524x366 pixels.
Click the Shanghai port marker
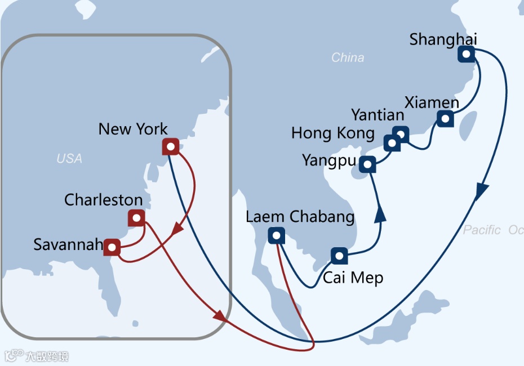[x=466, y=54]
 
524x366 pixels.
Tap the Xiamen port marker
[x=445, y=119]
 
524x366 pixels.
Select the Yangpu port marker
[x=367, y=165]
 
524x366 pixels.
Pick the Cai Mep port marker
[x=339, y=256]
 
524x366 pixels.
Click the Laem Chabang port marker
[x=276, y=235]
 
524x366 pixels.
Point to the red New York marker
[x=170, y=147]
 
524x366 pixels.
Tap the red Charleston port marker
[x=136, y=218]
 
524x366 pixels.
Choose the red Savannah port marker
[x=112, y=247]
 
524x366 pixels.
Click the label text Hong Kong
[x=332, y=133]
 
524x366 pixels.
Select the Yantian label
[x=378, y=115]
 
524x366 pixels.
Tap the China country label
[x=348, y=57]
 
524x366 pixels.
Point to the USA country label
[x=69, y=159]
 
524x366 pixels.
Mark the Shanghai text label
[x=443, y=39]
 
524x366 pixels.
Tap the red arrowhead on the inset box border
[x=220, y=318]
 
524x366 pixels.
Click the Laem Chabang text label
[x=300, y=217]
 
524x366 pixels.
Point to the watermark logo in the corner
[x=37, y=356]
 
